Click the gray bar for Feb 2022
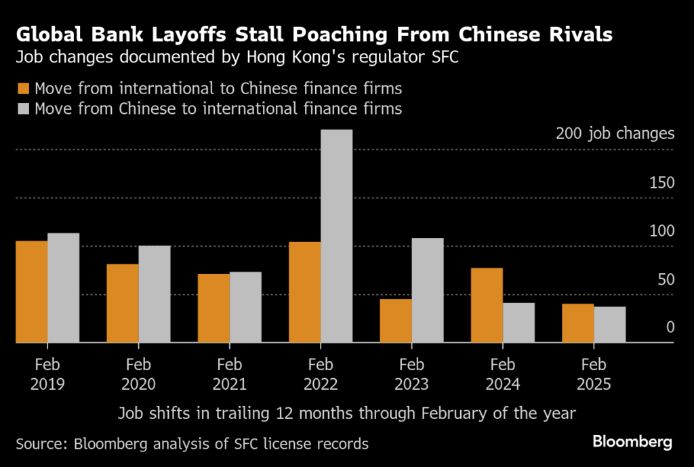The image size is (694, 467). point(336,237)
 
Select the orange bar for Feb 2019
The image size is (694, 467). point(32,292)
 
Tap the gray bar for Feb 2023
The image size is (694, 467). point(428,291)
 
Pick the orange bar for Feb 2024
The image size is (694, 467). point(487,306)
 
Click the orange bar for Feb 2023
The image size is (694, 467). point(396,321)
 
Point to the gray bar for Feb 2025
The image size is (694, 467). point(609,325)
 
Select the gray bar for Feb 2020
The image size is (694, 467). point(155,295)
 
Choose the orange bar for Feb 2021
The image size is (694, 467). point(213,308)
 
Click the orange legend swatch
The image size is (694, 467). point(24,89)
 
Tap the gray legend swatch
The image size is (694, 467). point(24,108)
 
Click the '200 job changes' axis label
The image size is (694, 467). point(615,134)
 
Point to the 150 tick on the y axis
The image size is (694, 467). point(661,183)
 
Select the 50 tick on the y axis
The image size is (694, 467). point(666,279)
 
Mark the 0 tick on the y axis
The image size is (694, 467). point(670,327)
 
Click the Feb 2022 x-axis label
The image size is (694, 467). point(321,374)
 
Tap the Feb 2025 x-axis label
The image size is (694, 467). point(594,374)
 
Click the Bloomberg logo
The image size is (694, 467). point(632,443)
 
